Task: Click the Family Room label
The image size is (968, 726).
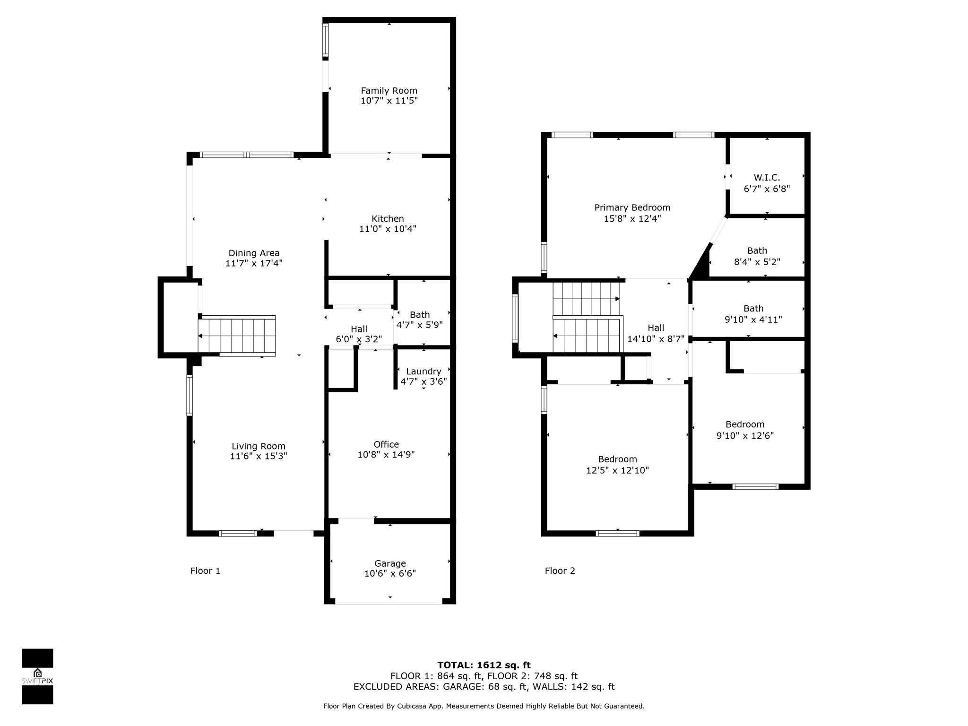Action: [x=389, y=91]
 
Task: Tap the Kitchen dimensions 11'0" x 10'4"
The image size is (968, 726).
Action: [x=388, y=229]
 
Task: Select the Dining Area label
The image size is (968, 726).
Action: [x=254, y=253]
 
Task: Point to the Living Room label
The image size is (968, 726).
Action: [x=259, y=446]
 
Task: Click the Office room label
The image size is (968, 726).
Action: [x=386, y=444]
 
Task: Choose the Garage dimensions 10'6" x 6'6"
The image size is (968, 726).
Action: [x=390, y=574]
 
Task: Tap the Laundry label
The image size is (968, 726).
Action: [x=423, y=372]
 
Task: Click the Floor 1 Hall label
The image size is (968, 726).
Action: [x=359, y=329]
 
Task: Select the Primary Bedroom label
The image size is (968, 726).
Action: [x=632, y=207]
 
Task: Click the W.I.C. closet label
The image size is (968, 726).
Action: [x=767, y=178]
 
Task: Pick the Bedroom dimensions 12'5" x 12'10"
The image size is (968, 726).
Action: [x=617, y=470]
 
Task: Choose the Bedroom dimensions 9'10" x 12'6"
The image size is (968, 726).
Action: [x=745, y=436]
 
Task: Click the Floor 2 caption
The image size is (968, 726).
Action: [x=560, y=571]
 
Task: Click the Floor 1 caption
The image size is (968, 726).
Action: [x=205, y=571]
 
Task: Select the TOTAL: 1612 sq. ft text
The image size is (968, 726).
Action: [x=484, y=665]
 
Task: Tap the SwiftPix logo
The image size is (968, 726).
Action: [x=37, y=676]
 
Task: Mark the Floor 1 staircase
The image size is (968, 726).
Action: [x=237, y=335]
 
